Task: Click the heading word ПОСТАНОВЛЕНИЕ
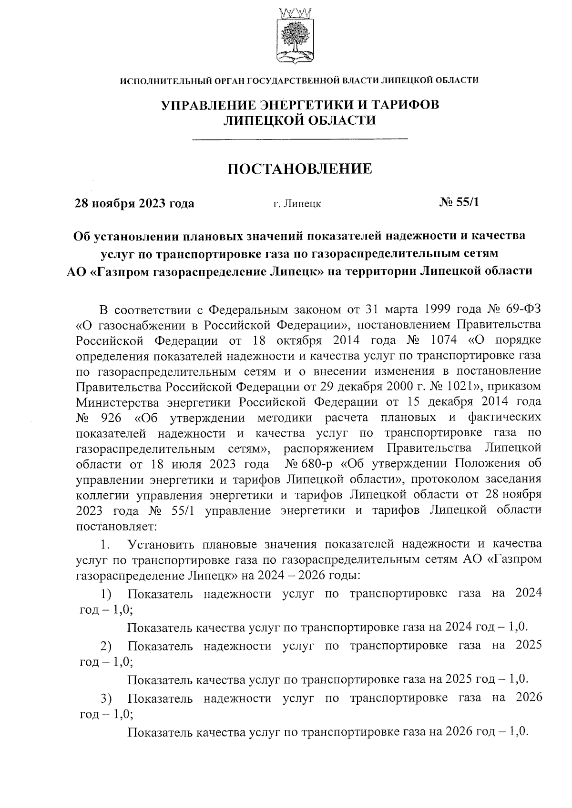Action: (299, 169)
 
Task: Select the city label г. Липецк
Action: (297, 204)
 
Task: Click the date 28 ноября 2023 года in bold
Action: (135, 204)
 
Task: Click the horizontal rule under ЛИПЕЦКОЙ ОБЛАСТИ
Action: (299, 139)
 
